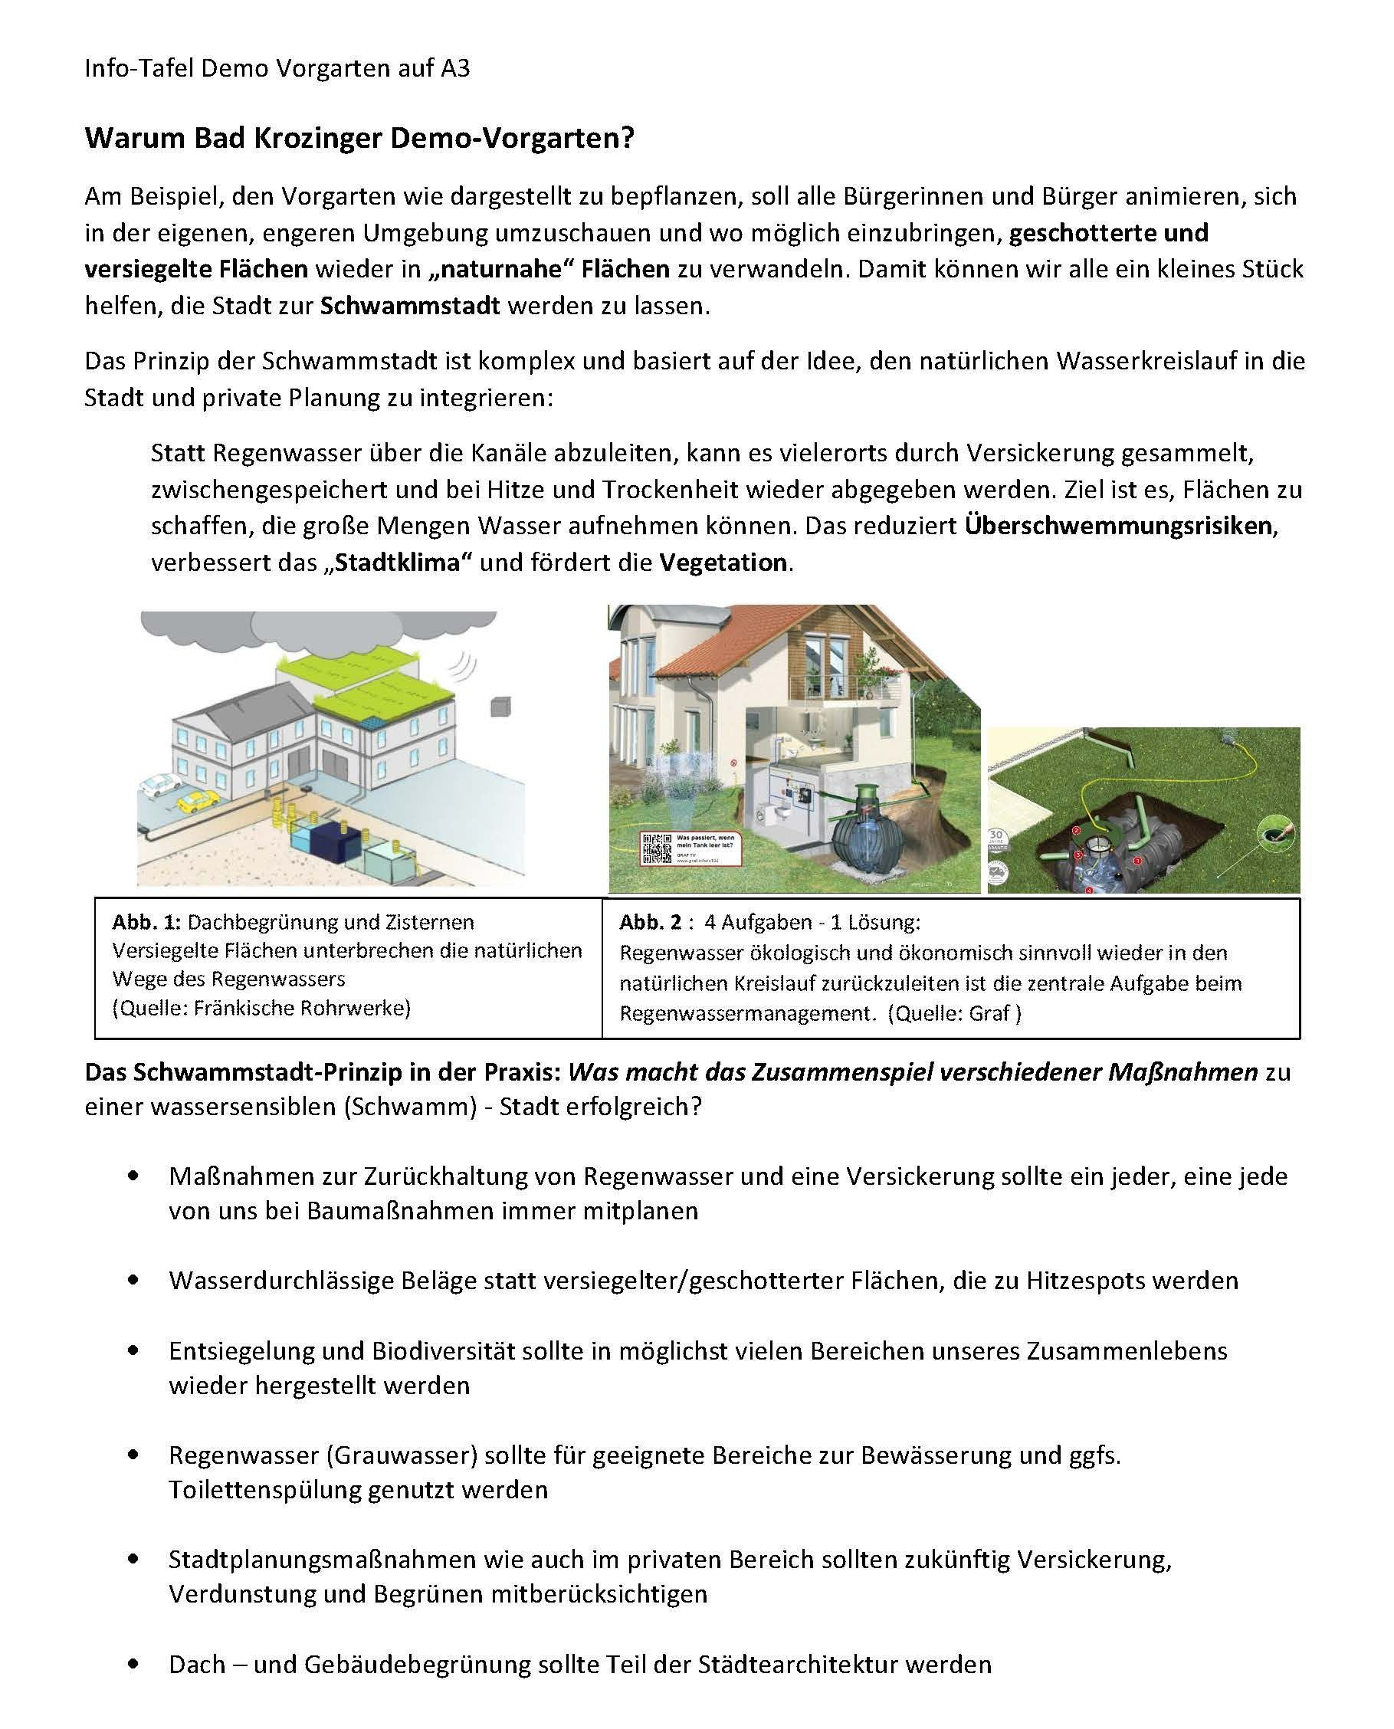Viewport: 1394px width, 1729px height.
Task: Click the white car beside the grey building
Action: click(x=161, y=783)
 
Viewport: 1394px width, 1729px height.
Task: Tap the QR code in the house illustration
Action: click(x=657, y=848)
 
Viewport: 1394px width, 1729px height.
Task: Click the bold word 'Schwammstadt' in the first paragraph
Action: click(x=409, y=306)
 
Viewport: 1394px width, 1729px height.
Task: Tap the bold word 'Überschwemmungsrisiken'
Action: click(x=1119, y=526)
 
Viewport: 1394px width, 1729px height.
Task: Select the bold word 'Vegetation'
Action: click(x=723, y=562)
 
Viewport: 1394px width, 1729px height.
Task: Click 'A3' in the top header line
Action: click(x=454, y=69)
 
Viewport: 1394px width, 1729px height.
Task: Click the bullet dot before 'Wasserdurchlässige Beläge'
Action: click(x=133, y=1280)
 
